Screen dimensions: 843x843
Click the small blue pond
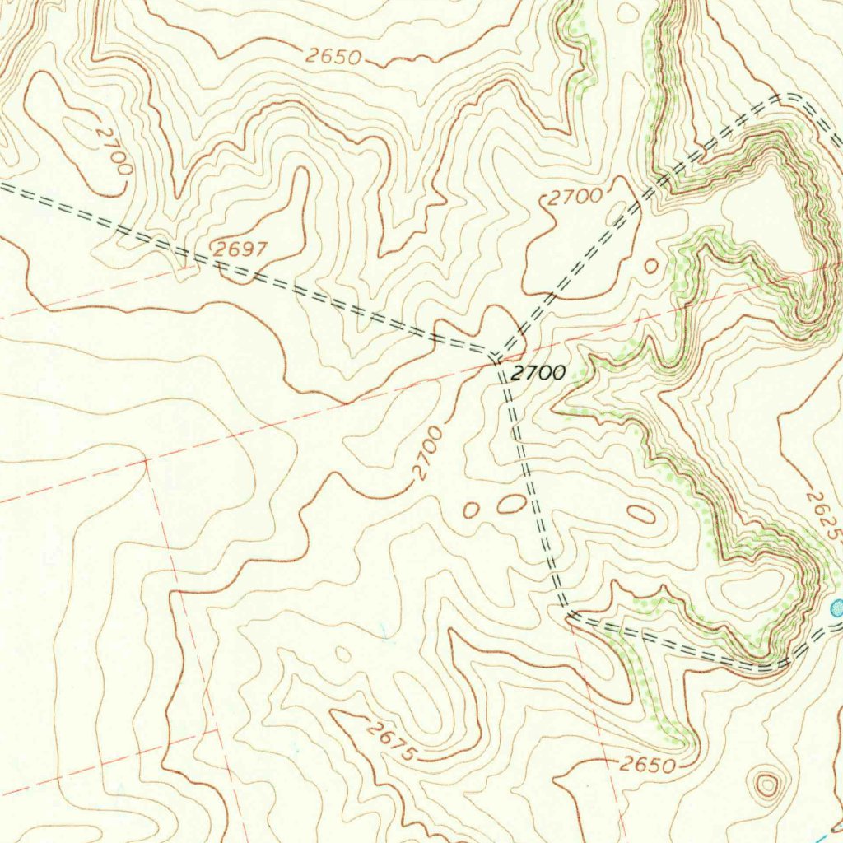pos(837,608)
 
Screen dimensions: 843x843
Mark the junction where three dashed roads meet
pos(497,358)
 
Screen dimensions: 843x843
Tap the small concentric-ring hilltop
pos(767,785)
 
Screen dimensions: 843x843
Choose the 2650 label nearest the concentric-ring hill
pos(647,765)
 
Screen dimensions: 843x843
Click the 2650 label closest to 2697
pos(333,57)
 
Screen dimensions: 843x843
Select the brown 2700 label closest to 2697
pos(113,148)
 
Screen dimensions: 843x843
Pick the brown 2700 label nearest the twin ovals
pos(429,453)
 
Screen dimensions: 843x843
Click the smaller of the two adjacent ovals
pos(471,510)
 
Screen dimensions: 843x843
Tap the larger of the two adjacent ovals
pos(511,503)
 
